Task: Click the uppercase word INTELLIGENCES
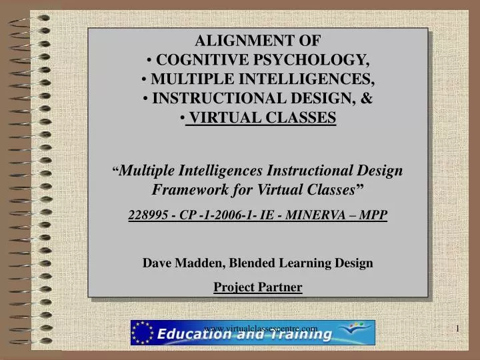(313, 79)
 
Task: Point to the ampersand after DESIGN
(366, 99)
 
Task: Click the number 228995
(148, 215)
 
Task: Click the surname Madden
(201, 263)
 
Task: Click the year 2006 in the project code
(231, 215)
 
